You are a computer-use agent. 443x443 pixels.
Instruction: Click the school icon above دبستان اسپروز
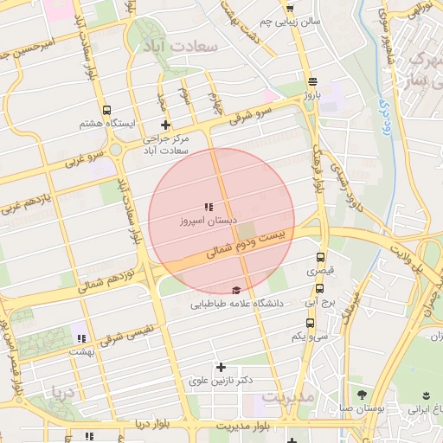208,207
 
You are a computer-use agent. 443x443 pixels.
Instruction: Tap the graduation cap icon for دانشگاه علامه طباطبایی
236,291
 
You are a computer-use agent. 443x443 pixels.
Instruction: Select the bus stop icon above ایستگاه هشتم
106,111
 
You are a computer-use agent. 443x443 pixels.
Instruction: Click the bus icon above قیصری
321,258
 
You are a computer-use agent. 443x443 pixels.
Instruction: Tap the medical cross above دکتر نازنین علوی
221,367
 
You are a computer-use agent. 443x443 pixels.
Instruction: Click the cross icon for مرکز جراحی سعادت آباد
165,125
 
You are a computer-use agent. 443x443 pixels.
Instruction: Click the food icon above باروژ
311,81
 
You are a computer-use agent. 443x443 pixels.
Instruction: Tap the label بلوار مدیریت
243,427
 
